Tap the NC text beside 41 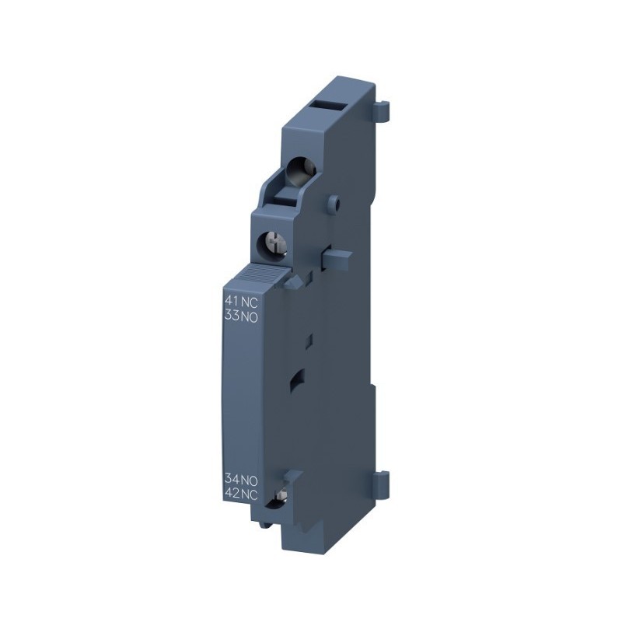(x=250, y=303)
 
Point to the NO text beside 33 (x=250, y=317)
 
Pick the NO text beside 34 (x=250, y=480)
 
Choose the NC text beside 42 (x=250, y=494)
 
